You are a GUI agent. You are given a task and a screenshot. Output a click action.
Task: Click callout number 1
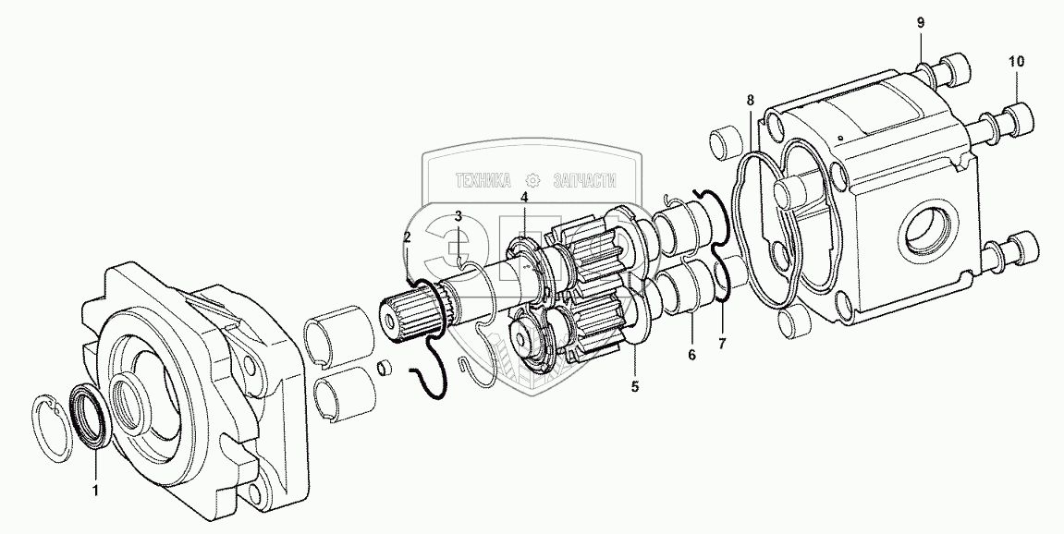(96, 490)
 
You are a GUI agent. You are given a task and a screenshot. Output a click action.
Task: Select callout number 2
(407, 237)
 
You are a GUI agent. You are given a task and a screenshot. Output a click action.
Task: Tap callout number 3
(459, 216)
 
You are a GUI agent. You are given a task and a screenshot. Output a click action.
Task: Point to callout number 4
(524, 198)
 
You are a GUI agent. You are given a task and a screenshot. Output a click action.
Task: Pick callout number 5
(634, 387)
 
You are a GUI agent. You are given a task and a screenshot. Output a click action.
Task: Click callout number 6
(692, 354)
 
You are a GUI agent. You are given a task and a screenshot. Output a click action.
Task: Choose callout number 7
(722, 344)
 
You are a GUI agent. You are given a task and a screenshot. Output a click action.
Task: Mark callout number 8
(750, 101)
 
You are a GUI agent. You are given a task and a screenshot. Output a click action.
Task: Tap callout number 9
(921, 22)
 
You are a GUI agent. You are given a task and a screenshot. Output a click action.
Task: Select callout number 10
(1016, 61)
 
